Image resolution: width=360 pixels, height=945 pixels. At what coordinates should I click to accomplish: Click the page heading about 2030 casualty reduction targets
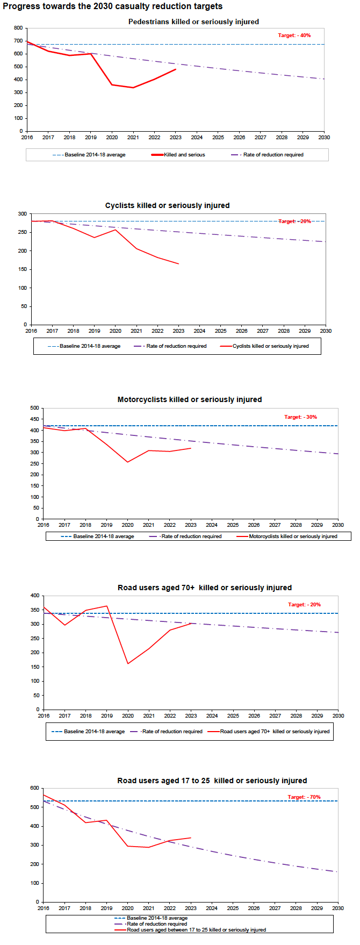coord(112,6)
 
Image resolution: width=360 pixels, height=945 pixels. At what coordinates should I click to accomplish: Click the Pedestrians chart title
coord(193,22)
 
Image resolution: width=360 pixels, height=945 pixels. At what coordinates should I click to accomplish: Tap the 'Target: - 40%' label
coord(294,35)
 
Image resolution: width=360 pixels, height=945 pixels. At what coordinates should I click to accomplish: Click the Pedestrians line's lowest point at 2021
coord(133,88)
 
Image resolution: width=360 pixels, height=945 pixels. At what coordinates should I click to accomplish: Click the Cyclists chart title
coord(167,205)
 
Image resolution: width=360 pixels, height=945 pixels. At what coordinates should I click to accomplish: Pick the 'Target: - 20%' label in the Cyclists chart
coord(294,221)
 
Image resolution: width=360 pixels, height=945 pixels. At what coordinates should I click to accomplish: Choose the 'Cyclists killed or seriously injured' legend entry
coord(270,346)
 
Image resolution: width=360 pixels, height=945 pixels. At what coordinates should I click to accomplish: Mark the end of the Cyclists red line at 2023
coord(178,264)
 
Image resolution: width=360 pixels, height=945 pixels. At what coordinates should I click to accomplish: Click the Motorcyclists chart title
coord(190,399)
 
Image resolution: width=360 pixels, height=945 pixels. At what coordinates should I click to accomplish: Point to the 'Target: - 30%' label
coord(300,417)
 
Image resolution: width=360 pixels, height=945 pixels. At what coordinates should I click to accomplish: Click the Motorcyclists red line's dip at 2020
coord(128,462)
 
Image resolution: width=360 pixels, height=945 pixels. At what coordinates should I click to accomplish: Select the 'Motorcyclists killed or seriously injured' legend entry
coord(293,536)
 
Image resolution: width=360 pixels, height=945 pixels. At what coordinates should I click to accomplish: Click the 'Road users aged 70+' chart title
coord(205,588)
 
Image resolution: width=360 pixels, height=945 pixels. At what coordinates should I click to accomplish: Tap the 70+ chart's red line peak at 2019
coord(107,606)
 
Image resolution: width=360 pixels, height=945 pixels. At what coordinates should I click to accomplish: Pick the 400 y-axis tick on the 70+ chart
coord(35,596)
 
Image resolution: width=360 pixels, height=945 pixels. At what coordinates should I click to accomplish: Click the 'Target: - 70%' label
coord(304,797)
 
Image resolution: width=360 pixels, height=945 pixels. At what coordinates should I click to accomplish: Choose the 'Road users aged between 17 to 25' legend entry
coord(196,930)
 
